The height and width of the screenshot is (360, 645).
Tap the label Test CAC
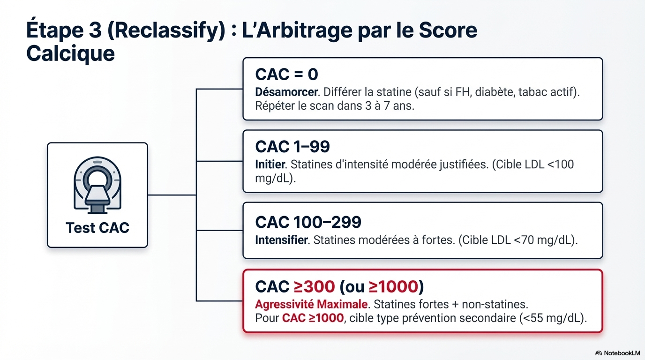click(x=97, y=228)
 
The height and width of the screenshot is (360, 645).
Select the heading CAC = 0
click(x=286, y=74)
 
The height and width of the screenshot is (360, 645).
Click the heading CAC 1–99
click(x=292, y=147)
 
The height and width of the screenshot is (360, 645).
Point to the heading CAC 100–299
click(x=308, y=222)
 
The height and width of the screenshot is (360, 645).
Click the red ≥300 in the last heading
click(x=314, y=286)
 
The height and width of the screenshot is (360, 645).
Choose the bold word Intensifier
click(x=282, y=240)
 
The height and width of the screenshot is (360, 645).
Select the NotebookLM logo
click(x=617, y=352)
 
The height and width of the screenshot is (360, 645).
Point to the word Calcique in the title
click(x=70, y=53)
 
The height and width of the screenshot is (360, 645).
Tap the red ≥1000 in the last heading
click(x=392, y=286)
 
